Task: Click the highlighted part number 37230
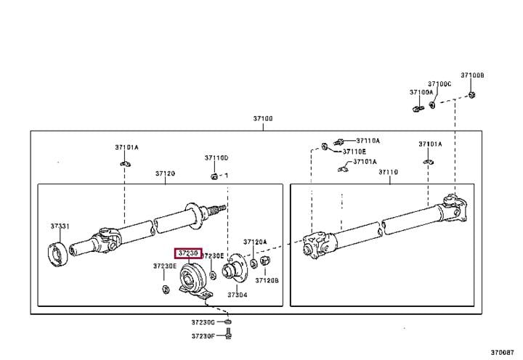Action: tap(188, 253)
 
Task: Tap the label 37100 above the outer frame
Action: tap(263, 118)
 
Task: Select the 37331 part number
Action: tap(60, 226)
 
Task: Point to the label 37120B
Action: tap(267, 281)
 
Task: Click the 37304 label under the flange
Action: tap(238, 295)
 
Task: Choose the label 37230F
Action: tap(203, 335)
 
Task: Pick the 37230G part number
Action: tap(203, 322)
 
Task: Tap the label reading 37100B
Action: tap(472, 75)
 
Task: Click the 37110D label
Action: tap(216, 157)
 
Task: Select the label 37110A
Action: tap(368, 141)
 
